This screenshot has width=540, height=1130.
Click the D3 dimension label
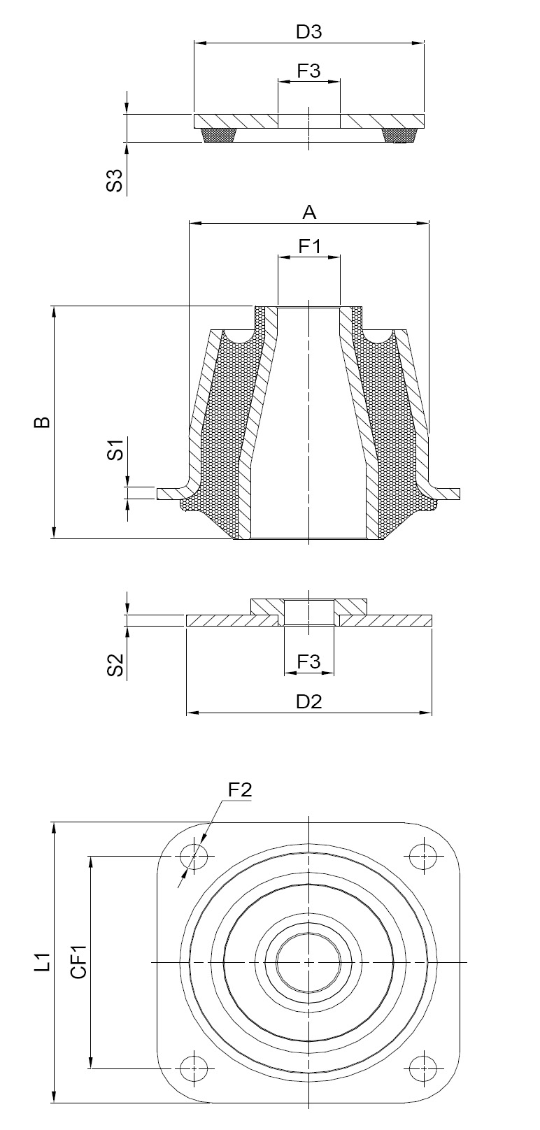308,31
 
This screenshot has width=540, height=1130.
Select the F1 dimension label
309,247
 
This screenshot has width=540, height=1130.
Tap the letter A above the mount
309,213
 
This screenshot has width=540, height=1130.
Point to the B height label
43,422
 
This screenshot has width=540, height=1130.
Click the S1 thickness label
115,450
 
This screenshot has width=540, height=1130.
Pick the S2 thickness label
115,664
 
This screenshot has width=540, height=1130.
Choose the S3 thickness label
115,180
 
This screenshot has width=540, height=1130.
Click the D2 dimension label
309,702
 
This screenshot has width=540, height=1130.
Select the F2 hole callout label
239,790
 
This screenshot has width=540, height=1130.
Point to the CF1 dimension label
80,962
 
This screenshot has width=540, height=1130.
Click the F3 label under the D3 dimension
309,71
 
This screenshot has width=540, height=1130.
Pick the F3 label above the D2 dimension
309,661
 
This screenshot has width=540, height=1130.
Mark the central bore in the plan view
308,962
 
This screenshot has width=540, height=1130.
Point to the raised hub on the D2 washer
309,606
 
